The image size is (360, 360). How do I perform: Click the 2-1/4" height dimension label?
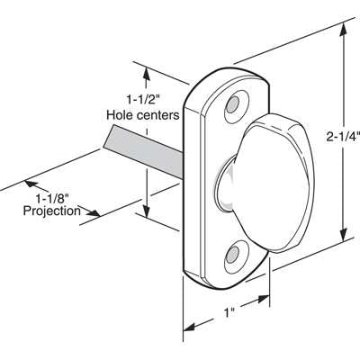point(342,137)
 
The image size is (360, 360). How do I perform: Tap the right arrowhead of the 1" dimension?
point(268,302)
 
